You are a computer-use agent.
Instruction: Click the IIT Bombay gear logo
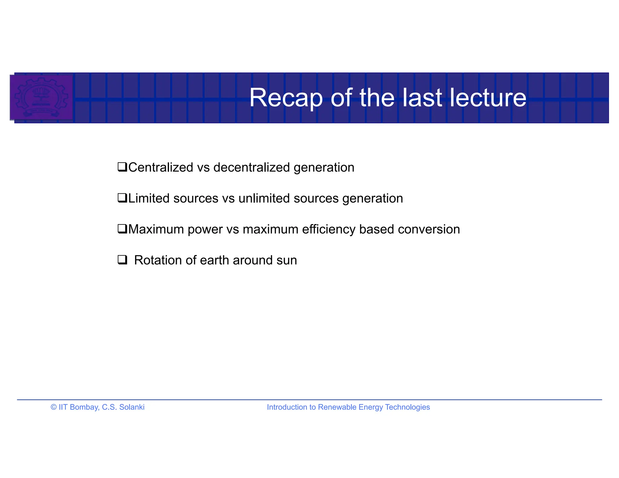coord(41,97)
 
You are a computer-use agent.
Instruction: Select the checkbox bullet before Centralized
coord(122,167)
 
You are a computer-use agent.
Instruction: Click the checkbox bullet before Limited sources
coord(122,198)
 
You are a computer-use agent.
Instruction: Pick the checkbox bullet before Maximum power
coord(122,229)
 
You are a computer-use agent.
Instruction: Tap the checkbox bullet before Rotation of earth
coord(122,260)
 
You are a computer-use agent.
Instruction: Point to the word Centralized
coord(161,167)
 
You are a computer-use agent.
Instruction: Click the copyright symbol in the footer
coord(54,407)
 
